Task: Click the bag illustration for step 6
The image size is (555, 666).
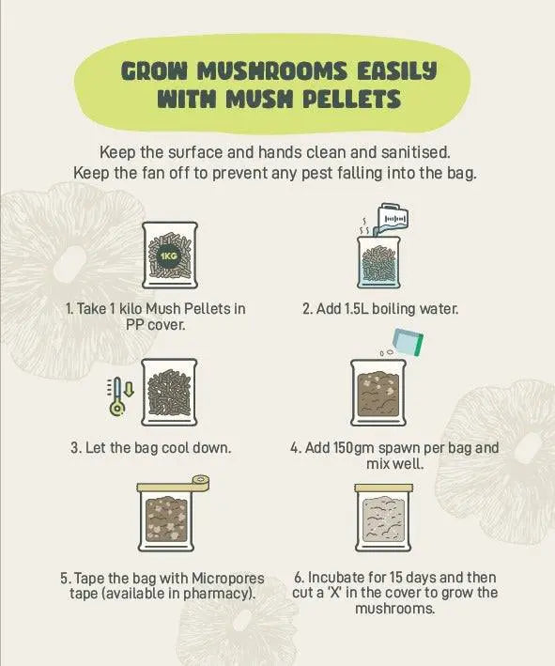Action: point(378,519)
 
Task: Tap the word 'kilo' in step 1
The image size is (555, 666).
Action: point(146,308)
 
